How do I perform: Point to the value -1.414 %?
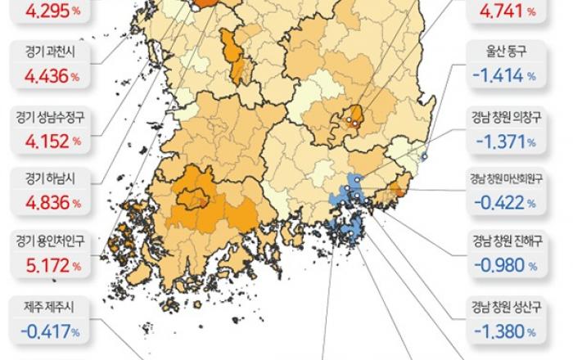point(506,76)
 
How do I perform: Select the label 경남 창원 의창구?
point(506,116)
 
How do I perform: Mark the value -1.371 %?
point(506,140)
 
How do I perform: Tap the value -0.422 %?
point(506,201)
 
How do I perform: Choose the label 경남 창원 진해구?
point(506,241)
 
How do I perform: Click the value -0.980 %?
point(506,266)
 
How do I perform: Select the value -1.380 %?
point(506,332)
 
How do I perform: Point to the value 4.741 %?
point(506,11)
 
